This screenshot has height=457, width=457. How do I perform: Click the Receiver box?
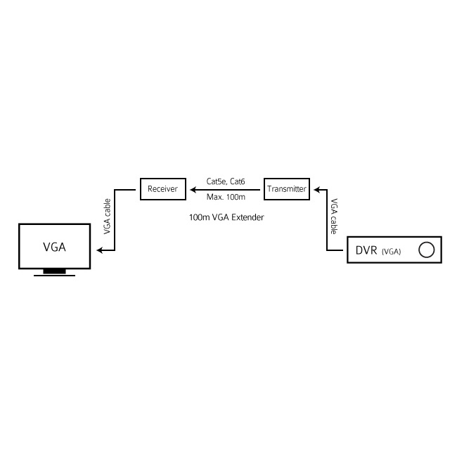pos(162,189)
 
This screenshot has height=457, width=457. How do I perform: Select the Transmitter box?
pos(287,189)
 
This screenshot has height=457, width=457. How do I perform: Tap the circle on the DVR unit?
pos(425,250)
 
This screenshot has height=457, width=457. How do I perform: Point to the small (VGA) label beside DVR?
pos(391,252)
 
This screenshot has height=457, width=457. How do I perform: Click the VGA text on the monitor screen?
pos(54,247)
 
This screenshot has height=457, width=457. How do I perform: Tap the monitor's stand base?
pos(54,274)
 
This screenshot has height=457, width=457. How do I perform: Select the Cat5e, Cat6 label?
pos(225,181)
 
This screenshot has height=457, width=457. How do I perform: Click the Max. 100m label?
pos(225,197)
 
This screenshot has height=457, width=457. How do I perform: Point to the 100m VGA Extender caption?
pos(226,217)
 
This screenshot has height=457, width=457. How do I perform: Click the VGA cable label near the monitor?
pos(107,216)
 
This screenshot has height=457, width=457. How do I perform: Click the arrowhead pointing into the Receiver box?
pos(188,189)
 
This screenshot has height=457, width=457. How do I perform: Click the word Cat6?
pos(237,181)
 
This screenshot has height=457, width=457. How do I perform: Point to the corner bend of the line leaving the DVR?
pos(327,250)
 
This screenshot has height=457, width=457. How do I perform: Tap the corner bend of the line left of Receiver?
pos(115,189)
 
